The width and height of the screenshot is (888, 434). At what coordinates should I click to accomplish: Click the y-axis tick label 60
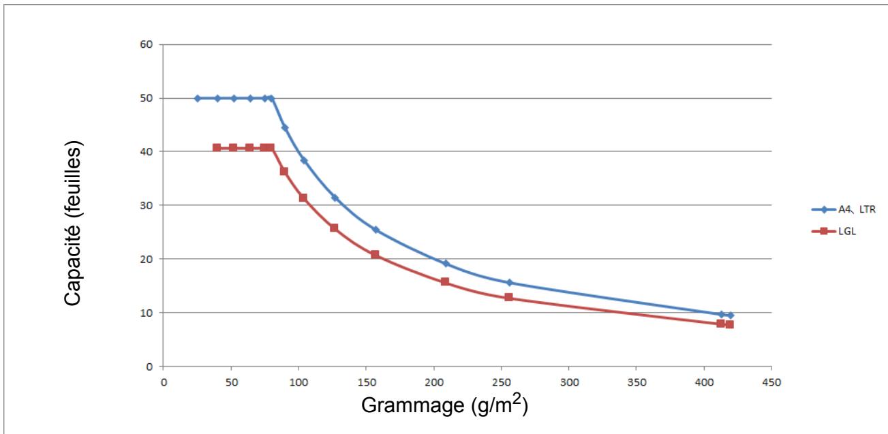[x=146, y=44]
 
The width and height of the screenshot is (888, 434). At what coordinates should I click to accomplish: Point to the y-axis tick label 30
[x=146, y=205]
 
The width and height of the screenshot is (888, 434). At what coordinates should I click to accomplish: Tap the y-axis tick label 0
[x=149, y=367]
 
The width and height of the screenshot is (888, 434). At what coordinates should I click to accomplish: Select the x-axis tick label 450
[x=771, y=382]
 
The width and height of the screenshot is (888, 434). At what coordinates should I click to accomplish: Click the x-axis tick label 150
[x=366, y=382]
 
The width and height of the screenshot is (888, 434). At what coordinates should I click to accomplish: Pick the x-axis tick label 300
[x=569, y=382]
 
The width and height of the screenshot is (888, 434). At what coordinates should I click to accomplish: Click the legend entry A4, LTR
[x=844, y=209]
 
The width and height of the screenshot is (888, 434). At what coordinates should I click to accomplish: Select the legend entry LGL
[x=833, y=231]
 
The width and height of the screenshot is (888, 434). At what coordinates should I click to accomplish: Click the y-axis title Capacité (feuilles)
[x=73, y=223]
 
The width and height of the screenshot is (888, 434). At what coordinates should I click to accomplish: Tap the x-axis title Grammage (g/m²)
[x=444, y=404]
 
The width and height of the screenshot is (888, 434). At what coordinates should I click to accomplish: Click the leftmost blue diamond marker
[x=198, y=98]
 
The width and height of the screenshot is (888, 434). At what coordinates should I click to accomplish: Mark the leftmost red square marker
[x=217, y=148]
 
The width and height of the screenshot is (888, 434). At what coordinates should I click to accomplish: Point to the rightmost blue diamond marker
[x=730, y=315]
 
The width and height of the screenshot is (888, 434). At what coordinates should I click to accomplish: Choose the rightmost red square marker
[x=729, y=324]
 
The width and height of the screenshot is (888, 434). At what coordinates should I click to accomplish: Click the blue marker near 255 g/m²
[x=509, y=283]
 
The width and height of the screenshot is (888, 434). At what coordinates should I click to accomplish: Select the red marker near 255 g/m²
[x=508, y=297]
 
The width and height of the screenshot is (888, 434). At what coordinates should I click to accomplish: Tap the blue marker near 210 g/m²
[x=446, y=264]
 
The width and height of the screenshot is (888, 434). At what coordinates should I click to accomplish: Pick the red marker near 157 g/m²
[x=375, y=254]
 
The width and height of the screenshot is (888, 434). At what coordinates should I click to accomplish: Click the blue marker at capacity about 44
[x=285, y=127]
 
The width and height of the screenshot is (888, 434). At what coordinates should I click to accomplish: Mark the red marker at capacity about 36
[x=284, y=171]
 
